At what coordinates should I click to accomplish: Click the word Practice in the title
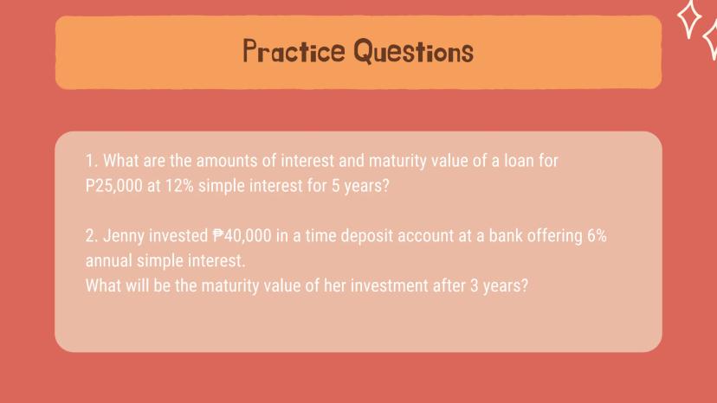[x=294, y=51]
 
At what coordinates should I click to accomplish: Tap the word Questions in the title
[x=414, y=51]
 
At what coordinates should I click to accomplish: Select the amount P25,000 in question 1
[x=113, y=186]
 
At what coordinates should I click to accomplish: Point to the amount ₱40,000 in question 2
[x=242, y=236]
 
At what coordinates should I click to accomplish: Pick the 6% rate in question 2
[x=597, y=235]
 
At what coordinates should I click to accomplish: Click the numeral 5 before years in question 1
[x=336, y=186]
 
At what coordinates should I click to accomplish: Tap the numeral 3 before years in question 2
[x=475, y=285]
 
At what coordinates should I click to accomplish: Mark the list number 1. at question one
[x=92, y=161]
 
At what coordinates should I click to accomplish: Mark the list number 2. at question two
[x=92, y=236]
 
